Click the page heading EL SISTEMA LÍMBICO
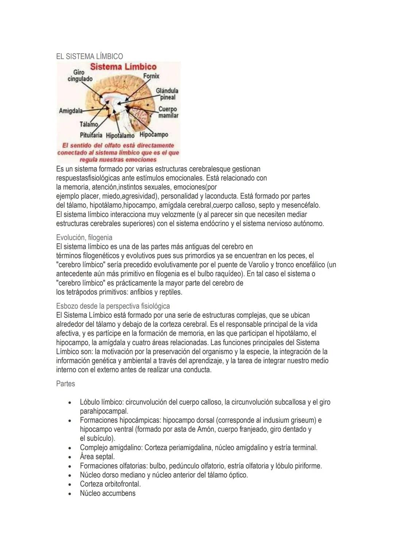click(89, 56)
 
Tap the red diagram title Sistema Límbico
click(123, 67)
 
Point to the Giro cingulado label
click(80, 76)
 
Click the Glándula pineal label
click(167, 94)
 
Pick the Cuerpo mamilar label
click(168, 112)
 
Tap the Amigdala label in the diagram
click(70, 111)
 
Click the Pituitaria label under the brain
click(91, 135)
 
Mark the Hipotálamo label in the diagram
click(120, 135)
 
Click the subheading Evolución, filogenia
click(84, 237)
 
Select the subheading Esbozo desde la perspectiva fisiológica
click(113, 306)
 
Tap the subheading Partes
click(66, 384)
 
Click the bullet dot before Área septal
click(69, 457)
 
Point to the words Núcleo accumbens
click(108, 493)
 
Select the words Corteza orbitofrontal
click(110, 484)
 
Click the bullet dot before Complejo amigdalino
click(69, 448)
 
